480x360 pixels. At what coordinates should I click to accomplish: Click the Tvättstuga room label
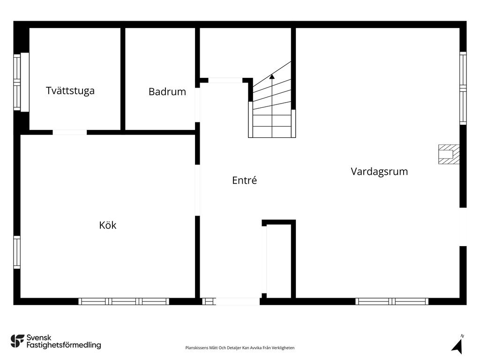point(70,90)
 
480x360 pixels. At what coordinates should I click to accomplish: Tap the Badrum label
point(167,92)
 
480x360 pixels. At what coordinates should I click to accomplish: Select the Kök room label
point(108,225)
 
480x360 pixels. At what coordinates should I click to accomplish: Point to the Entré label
point(245,180)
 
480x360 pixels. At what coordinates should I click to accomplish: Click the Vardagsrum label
point(379,172)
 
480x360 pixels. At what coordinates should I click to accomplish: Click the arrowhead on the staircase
point(272,77)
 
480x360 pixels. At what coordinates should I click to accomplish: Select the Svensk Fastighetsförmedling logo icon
point(17,341)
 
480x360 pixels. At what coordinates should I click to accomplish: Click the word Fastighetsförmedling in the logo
point(64,345)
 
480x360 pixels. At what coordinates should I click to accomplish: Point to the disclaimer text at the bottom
point(240,348)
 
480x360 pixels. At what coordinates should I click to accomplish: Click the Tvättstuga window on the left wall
point(17,82)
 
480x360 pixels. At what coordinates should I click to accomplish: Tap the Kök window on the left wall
point(17,252)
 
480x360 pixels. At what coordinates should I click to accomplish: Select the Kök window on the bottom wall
point(124,301)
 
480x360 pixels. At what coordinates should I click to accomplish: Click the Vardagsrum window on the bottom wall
point(392,301)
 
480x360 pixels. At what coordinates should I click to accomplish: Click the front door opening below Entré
point(237,301)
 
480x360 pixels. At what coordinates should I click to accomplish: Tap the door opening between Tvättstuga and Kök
point(69,132)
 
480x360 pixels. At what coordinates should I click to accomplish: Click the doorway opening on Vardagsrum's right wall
point(463,226)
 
